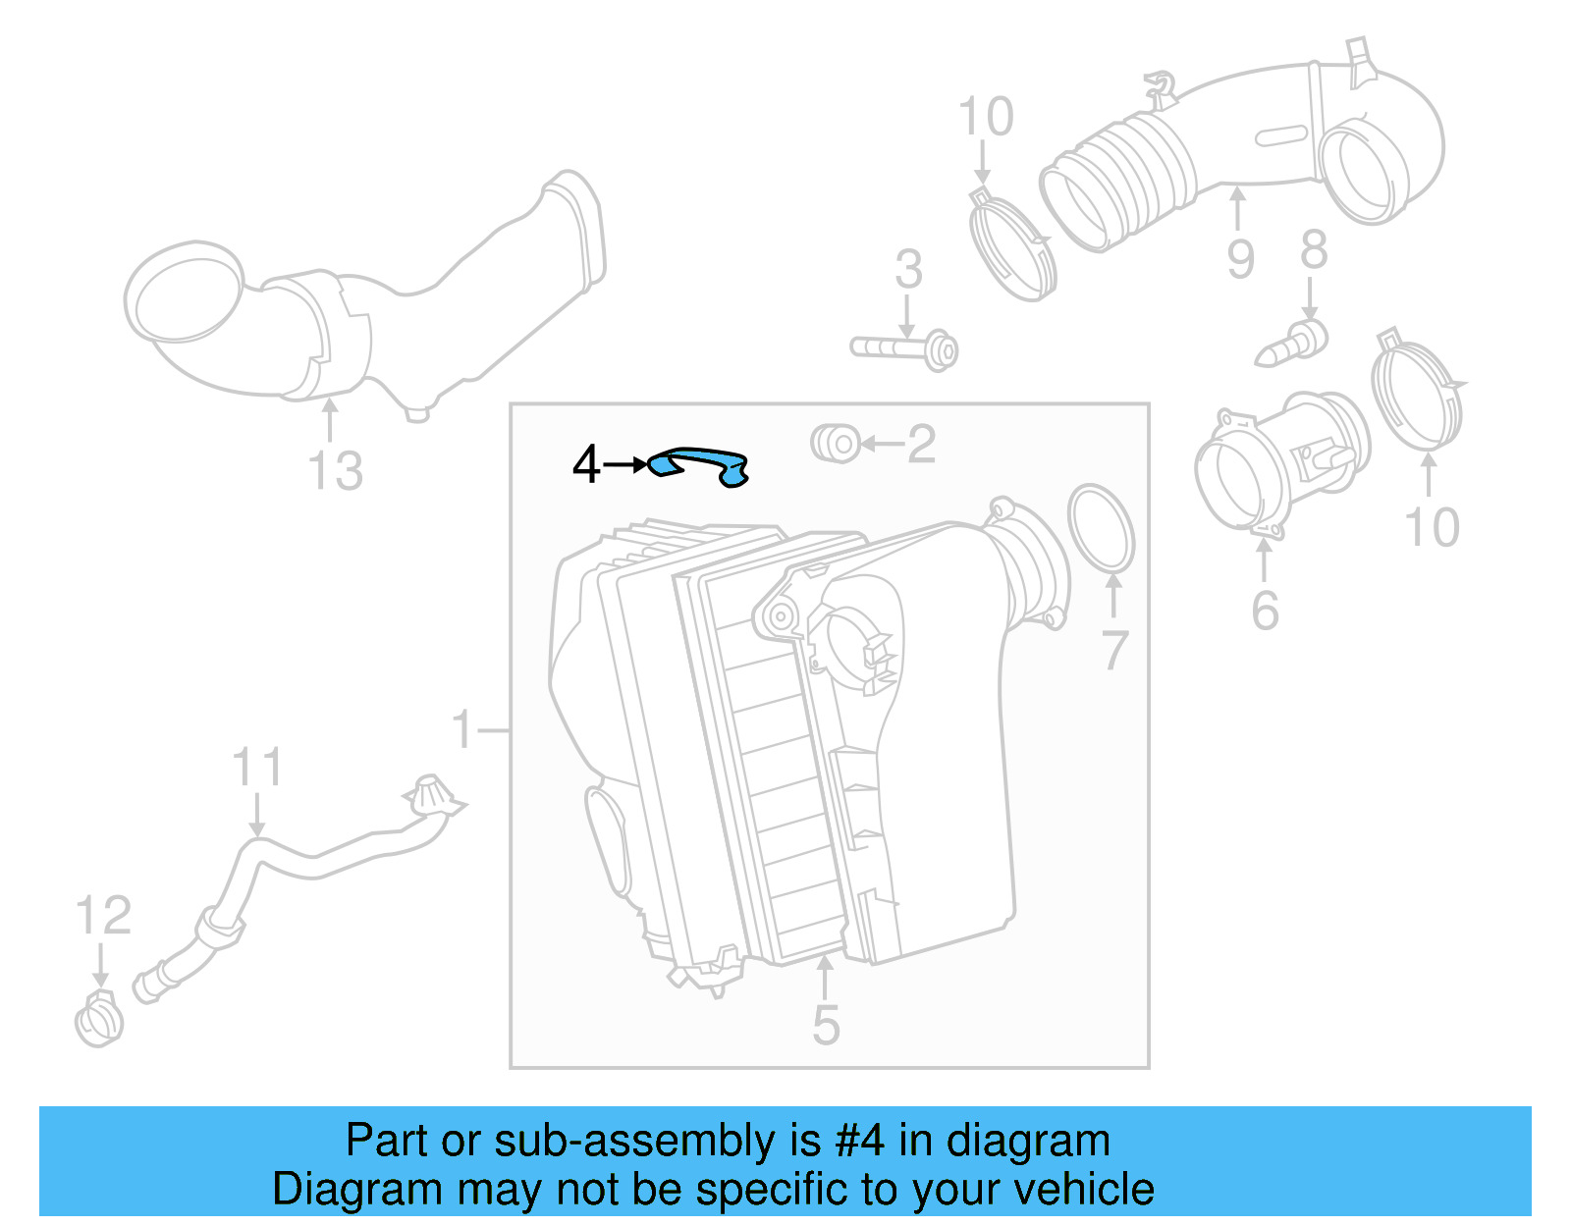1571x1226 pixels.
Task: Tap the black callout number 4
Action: pos(586,464)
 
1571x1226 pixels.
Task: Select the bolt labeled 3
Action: pos(903,348)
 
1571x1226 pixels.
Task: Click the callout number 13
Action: pos(335,471)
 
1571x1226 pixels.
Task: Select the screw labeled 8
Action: pos(1292,343)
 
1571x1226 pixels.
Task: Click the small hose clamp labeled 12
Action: pos(99,1021)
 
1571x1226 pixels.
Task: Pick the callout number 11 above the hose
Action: pos(257,767)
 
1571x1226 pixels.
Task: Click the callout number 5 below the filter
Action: pos(826,1025)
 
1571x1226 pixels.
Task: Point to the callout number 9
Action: pos(1240,259)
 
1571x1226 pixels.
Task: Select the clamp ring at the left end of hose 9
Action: pos(1011,245)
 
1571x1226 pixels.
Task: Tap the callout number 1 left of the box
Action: pos(463,730)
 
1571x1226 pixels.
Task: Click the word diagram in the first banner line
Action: pos(1028,1141)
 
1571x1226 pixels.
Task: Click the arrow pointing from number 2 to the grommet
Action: pos(880,445)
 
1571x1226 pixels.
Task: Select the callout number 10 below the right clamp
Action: pos(1433,528)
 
